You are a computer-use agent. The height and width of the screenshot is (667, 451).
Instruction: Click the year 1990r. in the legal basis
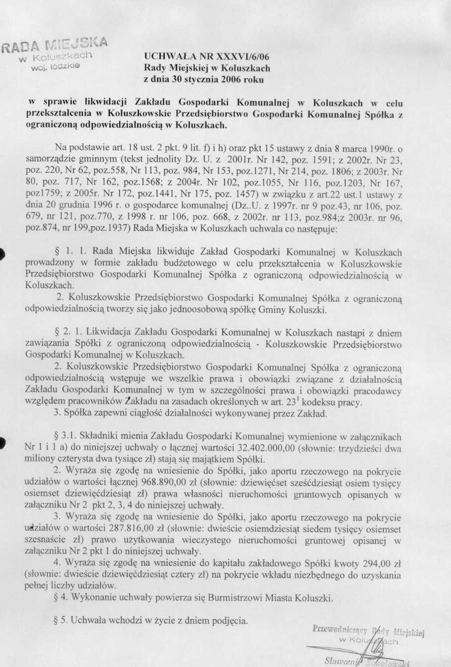pyautogui.click(x=381, y=148)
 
